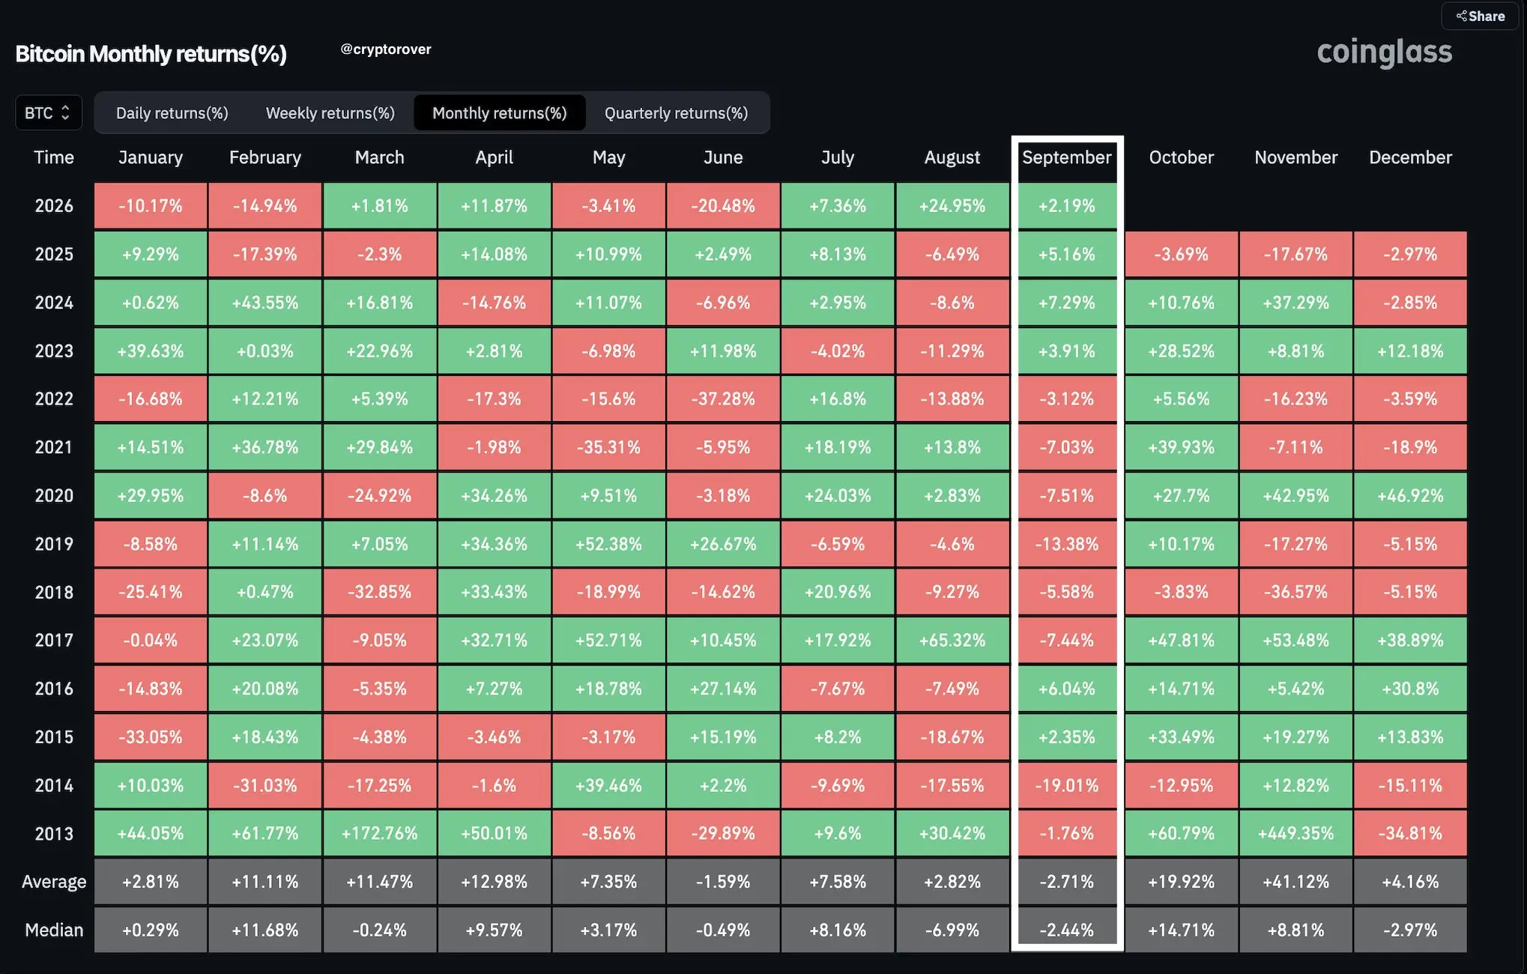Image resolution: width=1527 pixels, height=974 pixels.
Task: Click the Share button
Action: (x=1480, y=16)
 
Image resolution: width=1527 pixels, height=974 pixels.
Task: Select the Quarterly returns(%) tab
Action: (x=676, y=113)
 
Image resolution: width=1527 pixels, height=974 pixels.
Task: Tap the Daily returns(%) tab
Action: (x=172, y=113)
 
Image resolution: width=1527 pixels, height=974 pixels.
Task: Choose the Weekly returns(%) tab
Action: (x=330, y=113)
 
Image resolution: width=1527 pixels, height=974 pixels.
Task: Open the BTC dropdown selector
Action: (x=49, y=113)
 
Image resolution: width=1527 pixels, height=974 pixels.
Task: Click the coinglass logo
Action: (x=1385, y=52)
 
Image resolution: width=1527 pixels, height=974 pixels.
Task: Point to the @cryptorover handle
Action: (x=386, y=49)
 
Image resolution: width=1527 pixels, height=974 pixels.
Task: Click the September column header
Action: (x=1067, y=157)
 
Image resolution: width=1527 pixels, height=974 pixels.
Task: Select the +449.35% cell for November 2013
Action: (x=1296, y=833)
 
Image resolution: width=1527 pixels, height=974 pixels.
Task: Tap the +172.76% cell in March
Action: (x=380, y=833)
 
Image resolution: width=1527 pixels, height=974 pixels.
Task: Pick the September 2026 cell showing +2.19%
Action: (x=1067, y=205)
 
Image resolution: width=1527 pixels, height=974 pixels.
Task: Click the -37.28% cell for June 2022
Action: (x=723, y=399)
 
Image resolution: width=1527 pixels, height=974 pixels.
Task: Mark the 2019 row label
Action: (x=54, y=544)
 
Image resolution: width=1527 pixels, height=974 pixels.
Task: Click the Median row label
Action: (x=54, y=930)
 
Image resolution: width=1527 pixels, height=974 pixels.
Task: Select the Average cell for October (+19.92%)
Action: (x=1182, y=882)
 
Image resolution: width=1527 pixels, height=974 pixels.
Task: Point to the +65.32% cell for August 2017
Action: (x=952, y=640)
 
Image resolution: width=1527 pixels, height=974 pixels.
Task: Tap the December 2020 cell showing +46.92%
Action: (x=1410, y=495)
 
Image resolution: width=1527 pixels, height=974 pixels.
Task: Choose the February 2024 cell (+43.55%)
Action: (x=265, y=302)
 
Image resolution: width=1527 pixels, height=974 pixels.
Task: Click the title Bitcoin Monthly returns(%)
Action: (x=151, y=54)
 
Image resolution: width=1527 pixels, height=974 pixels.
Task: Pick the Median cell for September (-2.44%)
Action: (x=1067, y=930)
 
